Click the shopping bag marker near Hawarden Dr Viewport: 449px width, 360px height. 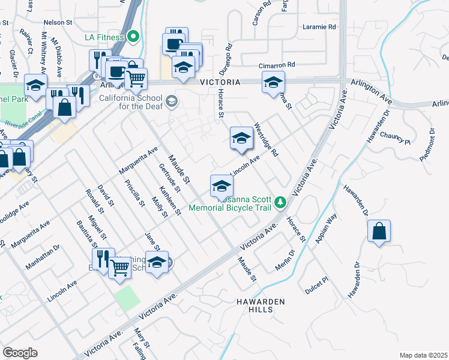tap(379, 232)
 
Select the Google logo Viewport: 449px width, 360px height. tap(20, 352)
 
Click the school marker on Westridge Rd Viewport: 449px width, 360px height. tap(241, 139)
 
